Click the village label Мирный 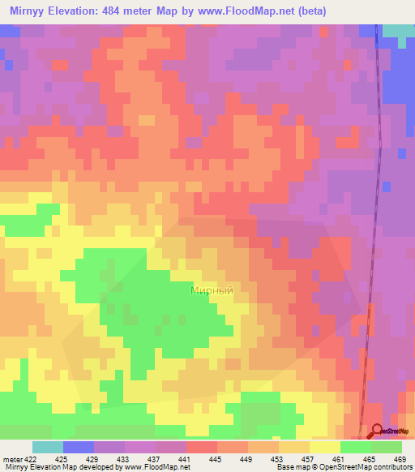coord(212,290)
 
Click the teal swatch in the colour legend coord(47,447)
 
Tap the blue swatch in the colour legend coord(78,447)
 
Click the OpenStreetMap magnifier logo coord(377,432)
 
